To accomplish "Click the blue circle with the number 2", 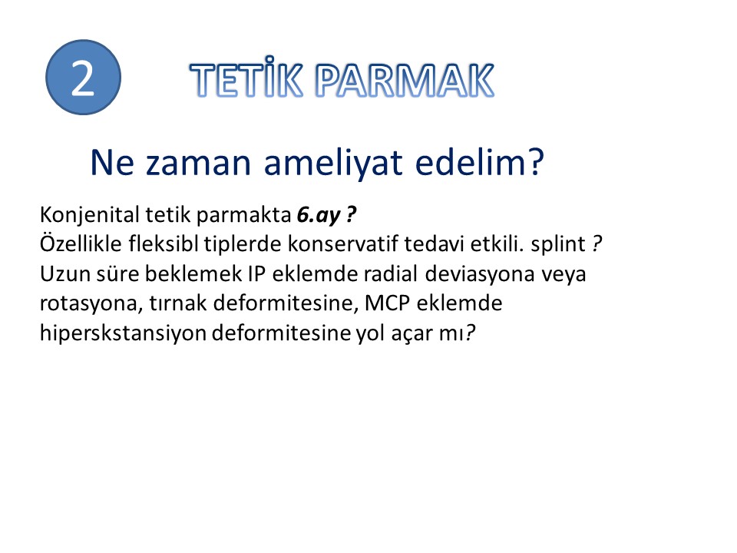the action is pos(83,77).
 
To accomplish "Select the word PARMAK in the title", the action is pos(405,80).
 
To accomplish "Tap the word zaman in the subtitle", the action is pos(198,163).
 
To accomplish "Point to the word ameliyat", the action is pos(333,163).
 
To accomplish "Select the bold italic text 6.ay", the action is pos(318,215).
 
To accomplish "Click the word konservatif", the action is pos(342,244).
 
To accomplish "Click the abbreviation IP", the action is pos(256,274).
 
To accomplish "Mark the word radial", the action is pos(391,273).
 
